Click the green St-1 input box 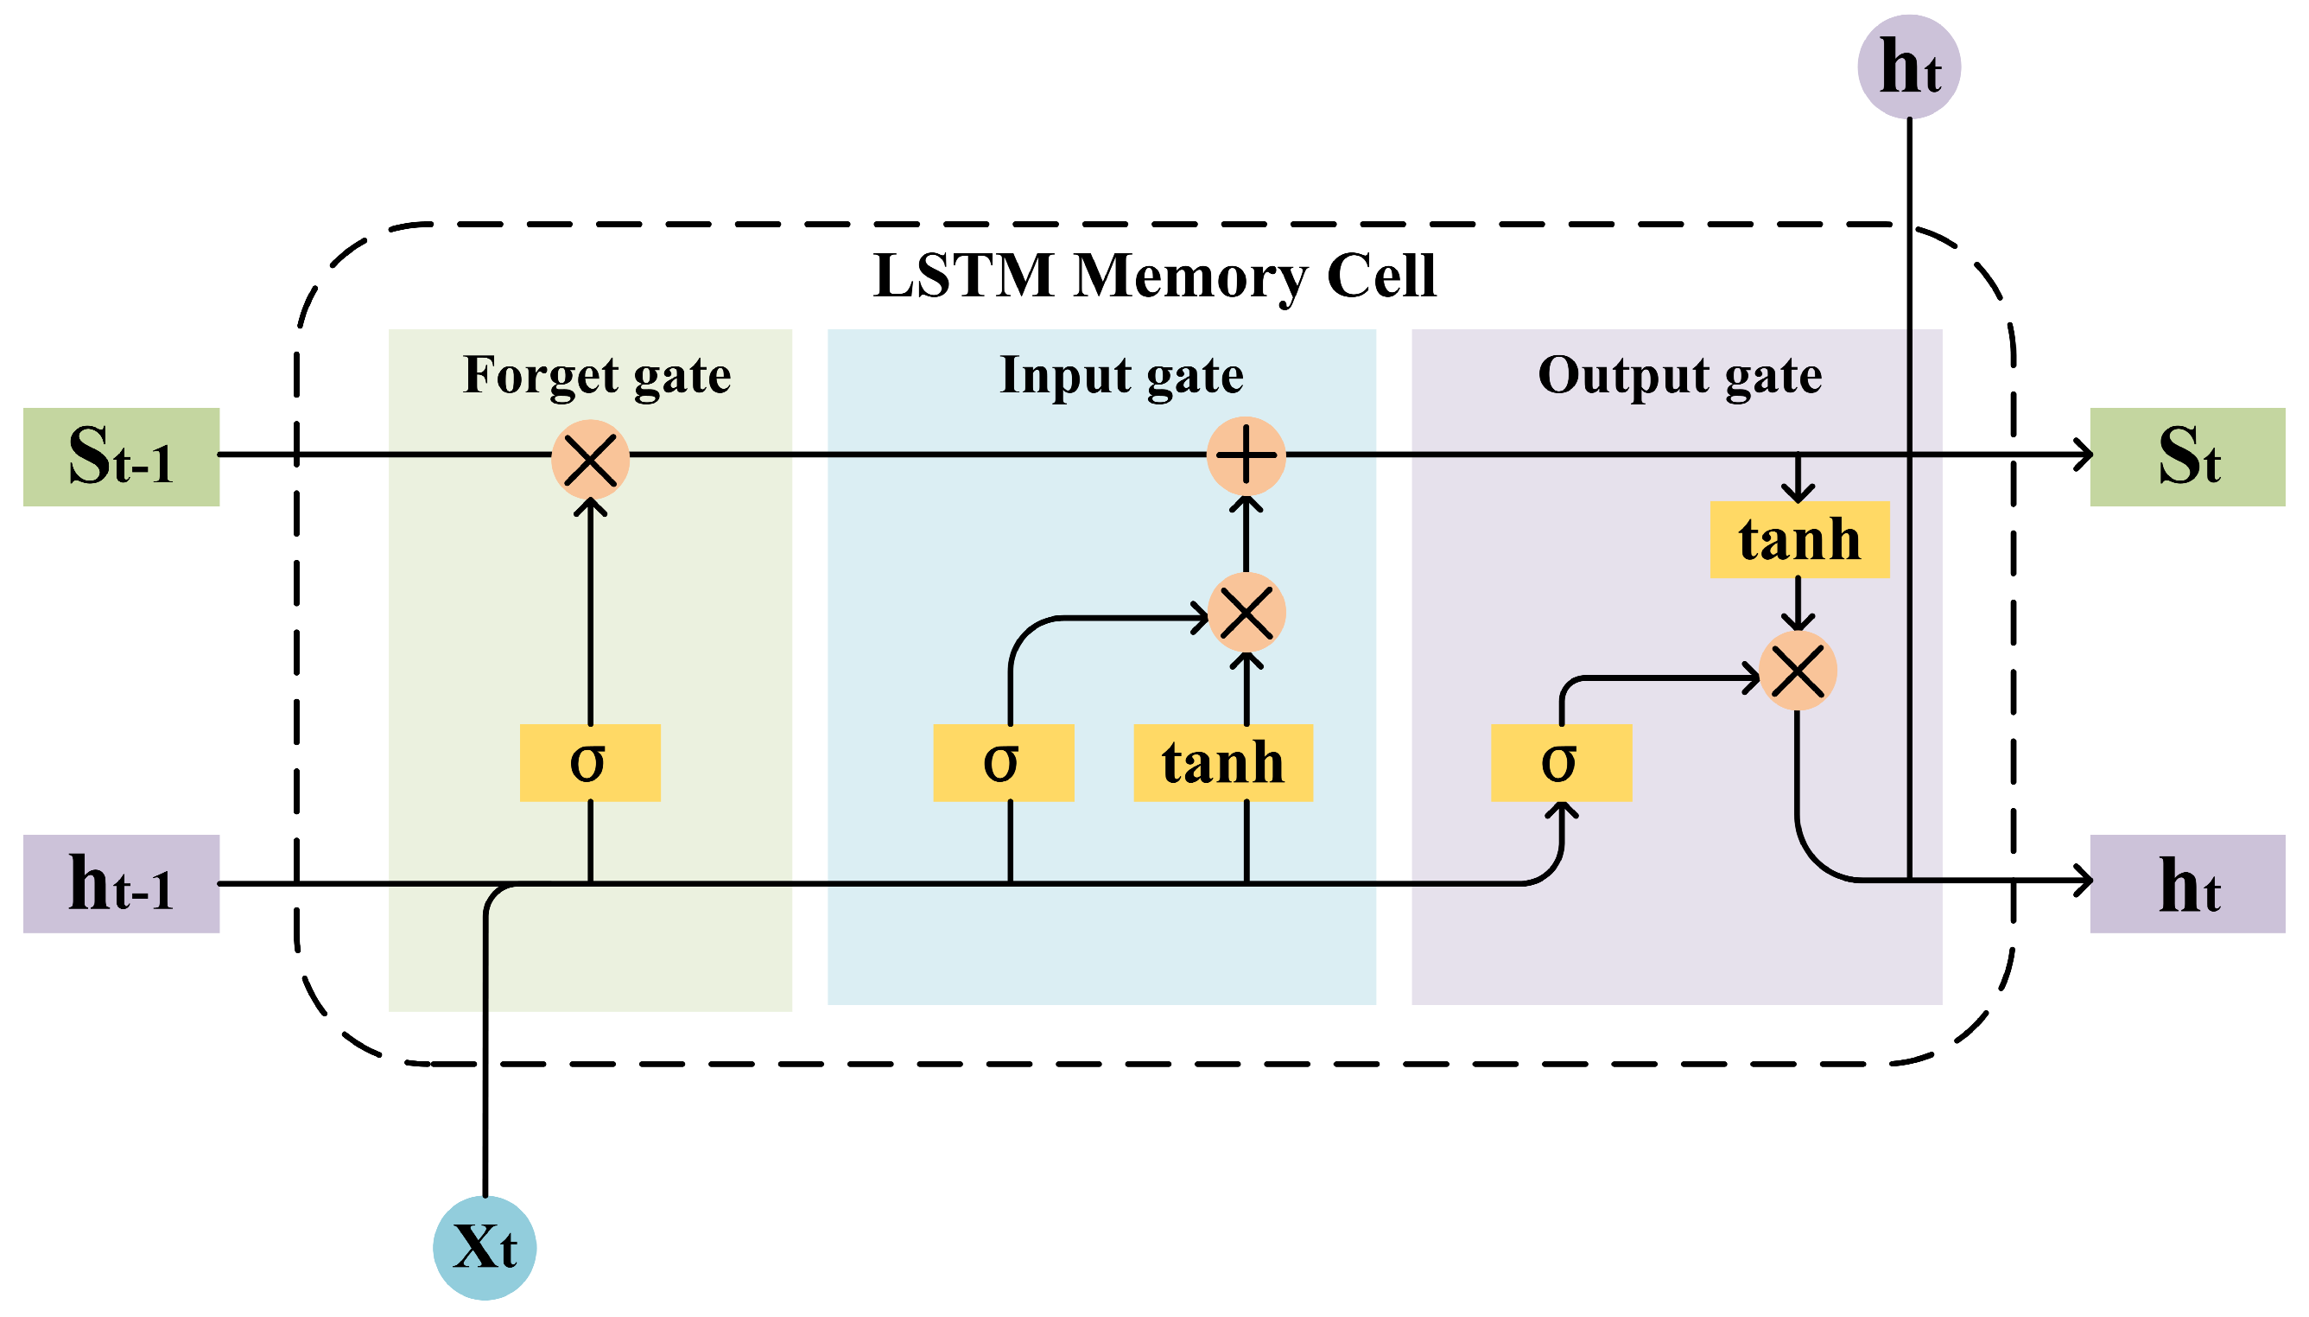(x=121, y=457)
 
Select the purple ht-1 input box (x=121, y=884)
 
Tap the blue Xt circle (x=485, y=1247)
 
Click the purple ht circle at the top (x=1908, y=66)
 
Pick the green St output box (x=2187, y=457)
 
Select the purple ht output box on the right (x=2187, y=884)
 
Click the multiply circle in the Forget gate (x=589, y=459)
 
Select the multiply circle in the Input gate (x=1246, y=613)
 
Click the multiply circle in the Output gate (x=1798, y=671)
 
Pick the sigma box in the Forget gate (x=589, y=762)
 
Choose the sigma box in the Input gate (x=1003, y=762)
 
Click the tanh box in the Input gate (x=1222, y=762)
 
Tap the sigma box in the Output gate (x=1560, y=762)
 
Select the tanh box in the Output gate (x=1798, y=540)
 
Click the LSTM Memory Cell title (x=1153, y=275)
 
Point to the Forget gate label (x=597, y=375)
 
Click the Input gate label (x=1121, y=375)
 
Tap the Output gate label (x=1679, y=375)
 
